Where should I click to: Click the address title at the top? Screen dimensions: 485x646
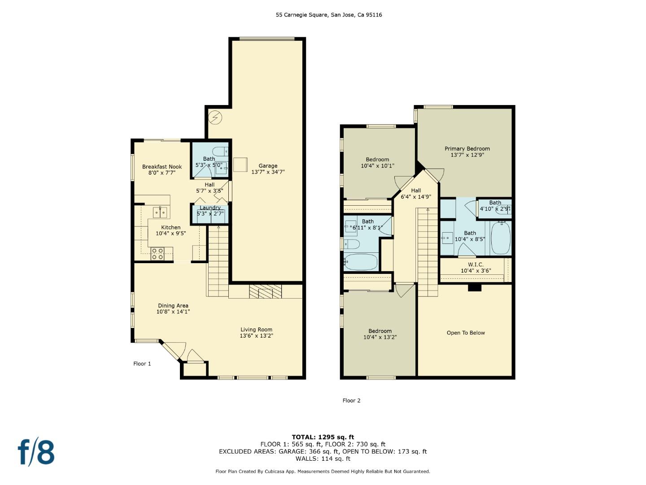(329, 15)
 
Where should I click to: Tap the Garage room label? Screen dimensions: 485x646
(268, 166)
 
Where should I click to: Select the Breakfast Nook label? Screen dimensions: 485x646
(162, 167)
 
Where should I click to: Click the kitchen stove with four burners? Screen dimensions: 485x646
(157, 254)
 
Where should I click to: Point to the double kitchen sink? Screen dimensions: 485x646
(160, 212)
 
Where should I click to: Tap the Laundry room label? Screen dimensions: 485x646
(210, 208)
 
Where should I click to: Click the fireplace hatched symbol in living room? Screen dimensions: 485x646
(265, 291)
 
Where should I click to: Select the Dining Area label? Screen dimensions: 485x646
(173, 306)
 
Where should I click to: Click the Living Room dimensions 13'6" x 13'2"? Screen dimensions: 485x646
(256, 336)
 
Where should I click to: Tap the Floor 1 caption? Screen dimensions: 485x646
(142, 364)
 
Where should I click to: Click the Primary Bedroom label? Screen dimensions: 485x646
(467, 149)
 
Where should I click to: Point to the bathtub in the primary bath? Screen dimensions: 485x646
(501, 238)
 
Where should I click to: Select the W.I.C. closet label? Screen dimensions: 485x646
(476, 265)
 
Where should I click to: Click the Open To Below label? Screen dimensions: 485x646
(466, 333)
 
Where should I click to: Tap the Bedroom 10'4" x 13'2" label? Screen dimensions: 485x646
(380, 331)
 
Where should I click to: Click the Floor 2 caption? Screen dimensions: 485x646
(351, 401)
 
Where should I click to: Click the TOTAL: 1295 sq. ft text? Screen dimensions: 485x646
(323, 437)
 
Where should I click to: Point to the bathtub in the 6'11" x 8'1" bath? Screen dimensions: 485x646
(361, 262)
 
